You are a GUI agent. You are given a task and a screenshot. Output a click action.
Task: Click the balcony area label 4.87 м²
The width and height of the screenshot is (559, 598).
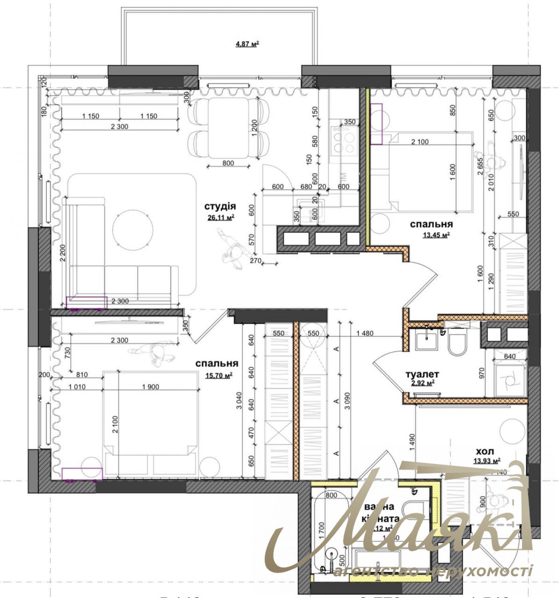(247, 44)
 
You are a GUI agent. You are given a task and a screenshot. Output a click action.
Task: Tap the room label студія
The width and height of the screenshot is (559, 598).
(220, 206)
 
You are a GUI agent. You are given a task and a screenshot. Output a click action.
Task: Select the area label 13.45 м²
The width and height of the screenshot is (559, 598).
(436, 235)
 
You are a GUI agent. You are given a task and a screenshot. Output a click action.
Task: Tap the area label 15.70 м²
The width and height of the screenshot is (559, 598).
(219, 375)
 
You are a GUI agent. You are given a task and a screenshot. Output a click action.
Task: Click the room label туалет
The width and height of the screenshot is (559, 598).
(422, 374)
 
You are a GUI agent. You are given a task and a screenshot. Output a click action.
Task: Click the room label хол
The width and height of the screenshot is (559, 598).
(485, 451)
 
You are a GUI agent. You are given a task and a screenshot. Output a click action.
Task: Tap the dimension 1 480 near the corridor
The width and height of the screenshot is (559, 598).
(365, 333)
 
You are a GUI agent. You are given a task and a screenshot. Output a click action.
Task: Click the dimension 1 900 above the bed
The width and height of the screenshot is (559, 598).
(150, 386)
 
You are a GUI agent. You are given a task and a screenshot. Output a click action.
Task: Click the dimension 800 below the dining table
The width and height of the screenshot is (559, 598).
(228, 163)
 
